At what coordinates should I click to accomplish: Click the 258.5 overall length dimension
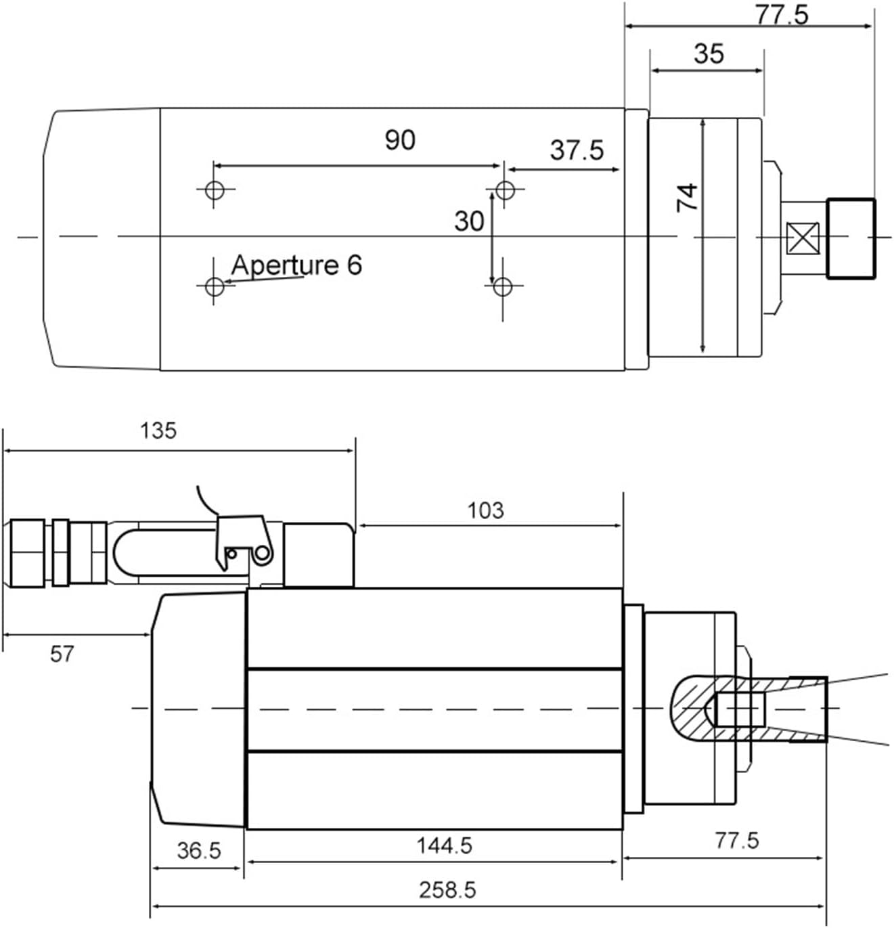(x=447, y=889)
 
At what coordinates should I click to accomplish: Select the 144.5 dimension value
(x=444, y=845)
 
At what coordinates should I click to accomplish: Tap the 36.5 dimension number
(x=199, y=850)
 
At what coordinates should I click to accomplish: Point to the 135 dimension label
(x=158, y=430)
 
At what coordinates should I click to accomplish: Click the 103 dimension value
(x=486, y=510)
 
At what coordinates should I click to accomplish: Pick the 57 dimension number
(x=62, y=654)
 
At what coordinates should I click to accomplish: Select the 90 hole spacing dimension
(x=400, y=140)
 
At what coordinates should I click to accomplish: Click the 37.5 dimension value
(x=577, y=150)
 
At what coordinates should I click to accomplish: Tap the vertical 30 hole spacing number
(x=469, y=221)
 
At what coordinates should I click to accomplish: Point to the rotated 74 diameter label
(x=688, y=196)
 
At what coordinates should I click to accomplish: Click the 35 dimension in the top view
(x=709, y=53)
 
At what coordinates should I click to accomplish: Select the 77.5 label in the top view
(x=782, y=14)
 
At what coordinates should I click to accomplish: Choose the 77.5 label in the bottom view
(x=737, y=841)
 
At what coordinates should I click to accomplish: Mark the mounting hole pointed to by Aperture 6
(x=215, y=286)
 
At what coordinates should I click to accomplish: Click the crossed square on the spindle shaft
(x=803, y=238)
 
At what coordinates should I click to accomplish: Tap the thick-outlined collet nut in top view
(x=851, y=238)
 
